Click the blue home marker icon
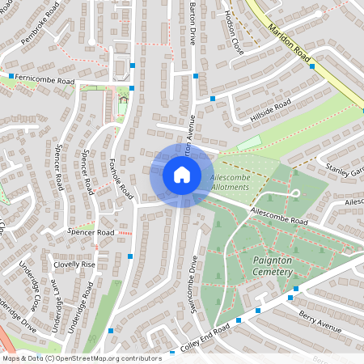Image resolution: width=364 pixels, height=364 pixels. (181, 175)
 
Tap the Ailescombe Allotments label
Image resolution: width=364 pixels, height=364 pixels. (235, 181)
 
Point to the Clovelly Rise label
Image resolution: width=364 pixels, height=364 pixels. (74, 265)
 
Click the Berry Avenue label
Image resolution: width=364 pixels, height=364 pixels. (320, 316)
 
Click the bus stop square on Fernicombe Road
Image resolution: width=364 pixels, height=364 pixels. (11, 77)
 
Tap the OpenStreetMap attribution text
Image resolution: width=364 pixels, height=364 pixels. (81, 358)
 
